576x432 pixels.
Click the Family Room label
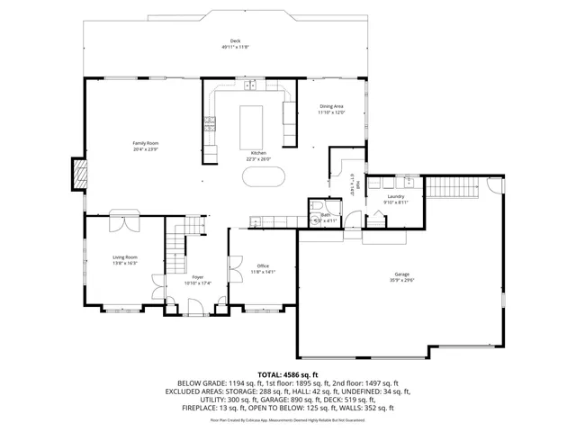click(146, 144)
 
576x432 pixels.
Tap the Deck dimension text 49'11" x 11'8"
click(235, 47)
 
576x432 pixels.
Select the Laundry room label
click(395, 196)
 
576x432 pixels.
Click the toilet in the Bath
click(316, 208)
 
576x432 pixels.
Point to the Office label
click(263, 265)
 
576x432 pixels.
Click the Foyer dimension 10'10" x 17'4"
click(197, 283)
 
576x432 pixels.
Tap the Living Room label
click(124, 257)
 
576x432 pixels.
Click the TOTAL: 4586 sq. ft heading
click(287, 373)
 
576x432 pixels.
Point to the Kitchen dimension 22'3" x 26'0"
click(258, 159)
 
